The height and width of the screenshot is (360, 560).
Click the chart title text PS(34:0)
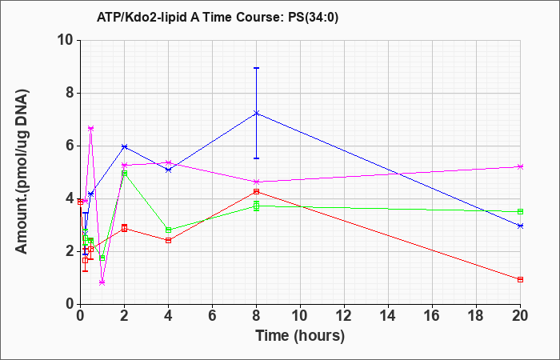313,18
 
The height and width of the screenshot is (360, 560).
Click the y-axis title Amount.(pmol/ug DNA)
22,171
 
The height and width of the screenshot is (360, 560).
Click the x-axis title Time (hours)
300,336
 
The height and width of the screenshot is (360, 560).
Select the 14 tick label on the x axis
388,316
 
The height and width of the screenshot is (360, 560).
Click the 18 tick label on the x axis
476,316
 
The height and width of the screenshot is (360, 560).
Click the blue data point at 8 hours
257,114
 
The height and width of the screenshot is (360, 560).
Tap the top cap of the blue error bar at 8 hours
257,68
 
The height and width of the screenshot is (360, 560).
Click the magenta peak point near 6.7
90,128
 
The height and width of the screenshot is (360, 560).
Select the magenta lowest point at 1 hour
102,282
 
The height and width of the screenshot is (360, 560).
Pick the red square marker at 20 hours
520,280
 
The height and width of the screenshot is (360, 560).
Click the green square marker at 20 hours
520,211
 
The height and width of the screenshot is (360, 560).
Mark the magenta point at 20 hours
520,166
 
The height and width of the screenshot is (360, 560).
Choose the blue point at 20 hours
520,226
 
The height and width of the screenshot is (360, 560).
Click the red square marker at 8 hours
257,191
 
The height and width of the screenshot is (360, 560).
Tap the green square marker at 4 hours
168,230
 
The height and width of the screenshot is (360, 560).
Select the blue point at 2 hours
124,146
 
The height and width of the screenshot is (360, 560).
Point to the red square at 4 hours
168,240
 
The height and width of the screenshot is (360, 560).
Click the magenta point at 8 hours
257,182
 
